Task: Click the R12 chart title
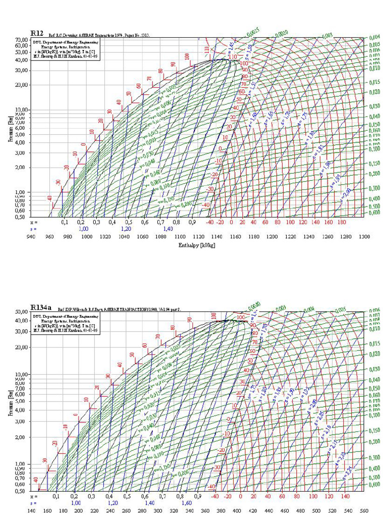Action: [x=37, y=33]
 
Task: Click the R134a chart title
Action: [x=40, y=307]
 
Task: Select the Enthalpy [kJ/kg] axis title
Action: [x=197, y=245]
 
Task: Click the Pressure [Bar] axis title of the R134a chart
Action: [x=11, y=401]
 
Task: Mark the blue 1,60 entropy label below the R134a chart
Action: [x=186, y=503]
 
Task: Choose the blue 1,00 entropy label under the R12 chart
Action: [x=83, y=229]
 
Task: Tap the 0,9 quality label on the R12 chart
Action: [x=192, y=222]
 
